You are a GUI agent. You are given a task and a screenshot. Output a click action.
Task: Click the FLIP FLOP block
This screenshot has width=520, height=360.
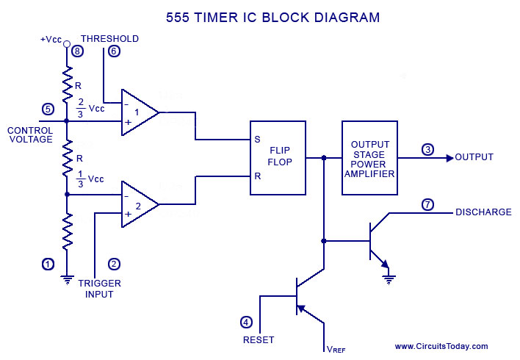(x=278, y=157)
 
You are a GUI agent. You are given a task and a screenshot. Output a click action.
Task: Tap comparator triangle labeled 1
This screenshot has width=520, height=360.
(x=139, y=112)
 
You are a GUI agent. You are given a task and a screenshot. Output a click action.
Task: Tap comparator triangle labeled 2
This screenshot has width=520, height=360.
(x=139, y=204)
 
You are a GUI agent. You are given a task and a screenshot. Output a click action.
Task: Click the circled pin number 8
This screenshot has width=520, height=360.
(x=77, y=51)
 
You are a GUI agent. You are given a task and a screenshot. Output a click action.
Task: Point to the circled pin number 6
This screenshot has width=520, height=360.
(x=113, y=51)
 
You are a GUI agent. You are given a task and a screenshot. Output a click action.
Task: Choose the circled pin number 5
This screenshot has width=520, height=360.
(x=48, y=109)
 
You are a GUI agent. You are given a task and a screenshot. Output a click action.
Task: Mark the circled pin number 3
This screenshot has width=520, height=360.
(x=427, y=150)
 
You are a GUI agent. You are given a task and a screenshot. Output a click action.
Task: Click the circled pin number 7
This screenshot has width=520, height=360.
(x=427, y=204)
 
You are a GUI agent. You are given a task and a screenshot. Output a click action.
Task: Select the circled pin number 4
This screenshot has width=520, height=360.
(x=247, y=322)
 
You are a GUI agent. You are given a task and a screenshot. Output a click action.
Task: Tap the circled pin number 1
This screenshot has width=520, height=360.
(x=48, y=263)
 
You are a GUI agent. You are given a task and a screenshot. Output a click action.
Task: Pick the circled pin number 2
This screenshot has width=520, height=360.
(x=113, y=263)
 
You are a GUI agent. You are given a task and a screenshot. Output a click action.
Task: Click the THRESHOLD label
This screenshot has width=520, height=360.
(x=109, y=38)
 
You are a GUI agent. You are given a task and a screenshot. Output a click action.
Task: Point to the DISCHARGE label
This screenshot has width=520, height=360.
(x=483, y=212)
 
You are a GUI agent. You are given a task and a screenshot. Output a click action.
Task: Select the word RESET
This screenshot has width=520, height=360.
(x=259, y=340)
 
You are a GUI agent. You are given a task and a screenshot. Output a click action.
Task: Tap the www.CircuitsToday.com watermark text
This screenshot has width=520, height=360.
(x=441, y=346)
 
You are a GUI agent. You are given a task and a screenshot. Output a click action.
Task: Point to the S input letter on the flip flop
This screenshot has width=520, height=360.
(x=257, y=139)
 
